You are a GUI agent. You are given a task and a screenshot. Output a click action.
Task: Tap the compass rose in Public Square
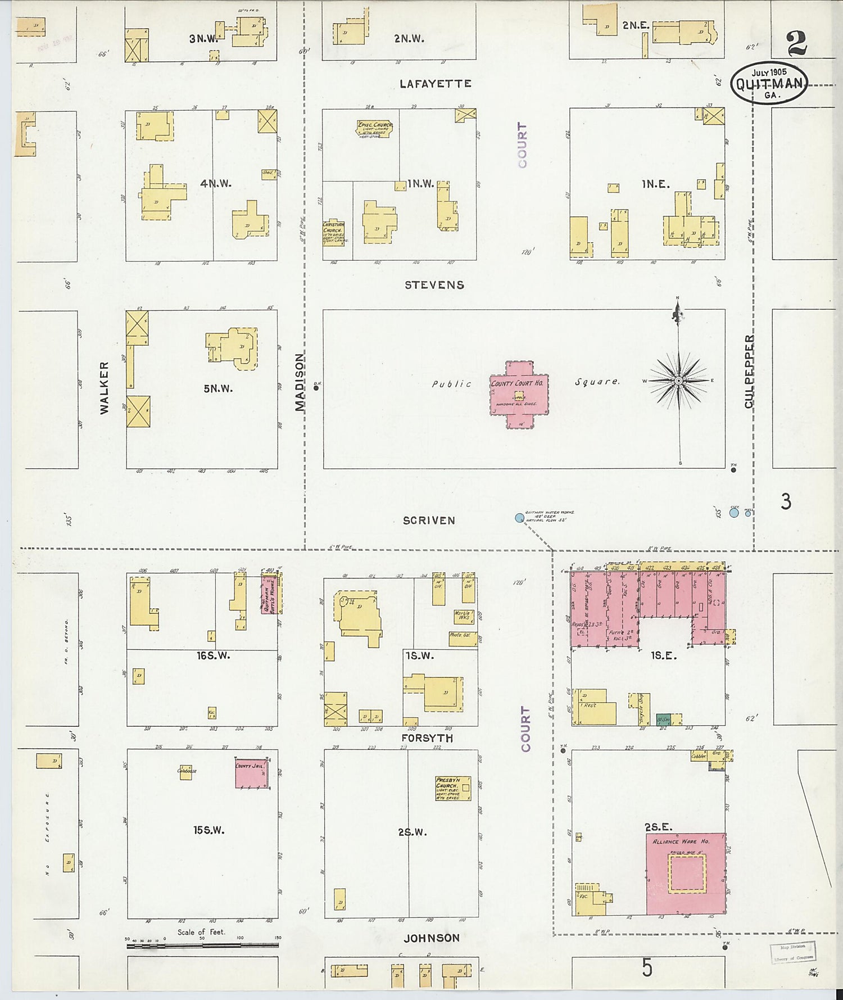pos(678,381)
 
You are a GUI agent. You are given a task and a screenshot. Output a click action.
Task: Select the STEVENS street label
pos(434,285)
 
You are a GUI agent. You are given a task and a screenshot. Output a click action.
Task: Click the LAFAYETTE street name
pos(435,84)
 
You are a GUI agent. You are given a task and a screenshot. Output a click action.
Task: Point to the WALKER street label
pos(105,388)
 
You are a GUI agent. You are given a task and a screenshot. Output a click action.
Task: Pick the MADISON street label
pos(300,382)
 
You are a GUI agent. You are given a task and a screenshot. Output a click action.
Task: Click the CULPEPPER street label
pos(749,372)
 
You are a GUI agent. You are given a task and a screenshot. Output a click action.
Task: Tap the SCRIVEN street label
pos(429,521)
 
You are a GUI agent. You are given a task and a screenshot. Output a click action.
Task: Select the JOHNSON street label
pos(432,938)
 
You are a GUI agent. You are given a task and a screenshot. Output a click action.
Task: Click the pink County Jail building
pos(251,773)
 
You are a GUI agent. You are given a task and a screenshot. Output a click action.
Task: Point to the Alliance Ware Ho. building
pos(686,874)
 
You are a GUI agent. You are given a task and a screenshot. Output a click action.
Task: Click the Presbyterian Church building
pos(452,788)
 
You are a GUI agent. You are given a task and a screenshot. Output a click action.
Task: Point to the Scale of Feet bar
pos(202,946)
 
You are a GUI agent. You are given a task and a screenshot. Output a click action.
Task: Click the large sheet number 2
pos(796,43)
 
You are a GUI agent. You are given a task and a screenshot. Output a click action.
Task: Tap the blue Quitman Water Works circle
pos(519,518)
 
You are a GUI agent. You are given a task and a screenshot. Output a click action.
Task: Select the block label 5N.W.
pos(218,388)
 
